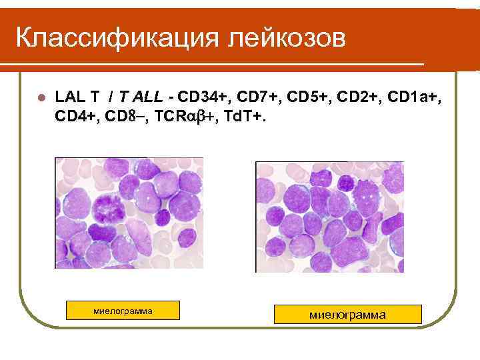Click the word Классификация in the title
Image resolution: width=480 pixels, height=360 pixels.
click(117, 37)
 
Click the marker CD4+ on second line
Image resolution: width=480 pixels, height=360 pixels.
click(75, 117)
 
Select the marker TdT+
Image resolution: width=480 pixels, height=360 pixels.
click(245, 117)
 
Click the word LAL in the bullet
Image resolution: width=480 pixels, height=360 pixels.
click(68, 97)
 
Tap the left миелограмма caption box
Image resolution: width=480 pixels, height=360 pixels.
click(123, 311)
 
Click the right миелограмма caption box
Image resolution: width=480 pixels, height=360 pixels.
click(348, 314)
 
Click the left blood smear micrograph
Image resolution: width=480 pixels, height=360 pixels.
click(129, 213)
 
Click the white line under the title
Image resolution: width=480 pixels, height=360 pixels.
click(213, 65)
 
